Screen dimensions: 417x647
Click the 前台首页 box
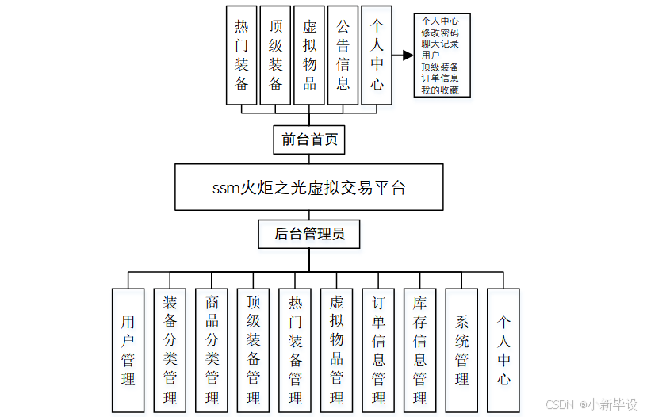309,140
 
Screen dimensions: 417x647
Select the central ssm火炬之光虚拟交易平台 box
309,187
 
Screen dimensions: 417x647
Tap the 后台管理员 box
309,234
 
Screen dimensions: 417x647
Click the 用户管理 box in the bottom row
128,350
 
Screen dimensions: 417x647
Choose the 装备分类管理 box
170,350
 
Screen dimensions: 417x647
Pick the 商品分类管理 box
212,350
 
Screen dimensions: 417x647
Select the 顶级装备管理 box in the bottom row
253,350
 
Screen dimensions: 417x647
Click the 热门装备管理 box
295,350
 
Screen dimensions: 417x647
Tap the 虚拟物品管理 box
336,350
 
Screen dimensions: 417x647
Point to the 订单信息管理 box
378,350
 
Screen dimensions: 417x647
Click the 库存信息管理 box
419,350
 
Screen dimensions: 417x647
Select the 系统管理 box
461,350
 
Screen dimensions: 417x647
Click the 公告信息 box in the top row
343,55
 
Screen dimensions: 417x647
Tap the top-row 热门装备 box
242,55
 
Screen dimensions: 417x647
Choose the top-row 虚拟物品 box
309,55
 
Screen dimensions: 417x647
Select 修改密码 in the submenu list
440,33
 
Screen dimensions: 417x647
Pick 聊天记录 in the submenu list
440,44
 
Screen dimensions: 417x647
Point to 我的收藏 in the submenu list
440,90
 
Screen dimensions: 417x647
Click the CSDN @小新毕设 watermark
591,404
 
